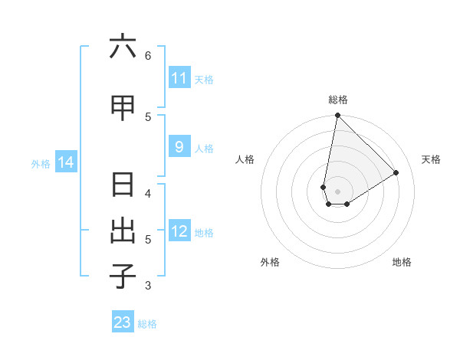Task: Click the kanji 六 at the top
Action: (x=123, y=47)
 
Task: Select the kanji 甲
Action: (x=123, y=108)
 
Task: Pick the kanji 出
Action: (x=123, y=231)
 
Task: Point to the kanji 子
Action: (x=123, y=277)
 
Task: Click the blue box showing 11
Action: (x=179, y=78)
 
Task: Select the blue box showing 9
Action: (x=179, y=147)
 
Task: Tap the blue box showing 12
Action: (x=179, y=232)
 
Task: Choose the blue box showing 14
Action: (x=66, y=162)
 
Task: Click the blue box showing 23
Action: (x=123, y=322)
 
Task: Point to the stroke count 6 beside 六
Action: (x=148, y=56)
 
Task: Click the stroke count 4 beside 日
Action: (x=148, y=194)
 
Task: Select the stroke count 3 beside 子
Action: (x=148, y=286)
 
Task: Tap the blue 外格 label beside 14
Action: (x=40, y=163)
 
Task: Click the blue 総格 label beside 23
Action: (x=147, y=323)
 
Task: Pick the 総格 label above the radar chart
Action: (x=338, y=100)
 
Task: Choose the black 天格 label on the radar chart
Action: (x=431, y=159)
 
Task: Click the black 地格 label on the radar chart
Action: (x=402, y=262)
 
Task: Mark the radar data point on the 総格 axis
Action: (x=337, y=116)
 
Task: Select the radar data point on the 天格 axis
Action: (x=396, y=172)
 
